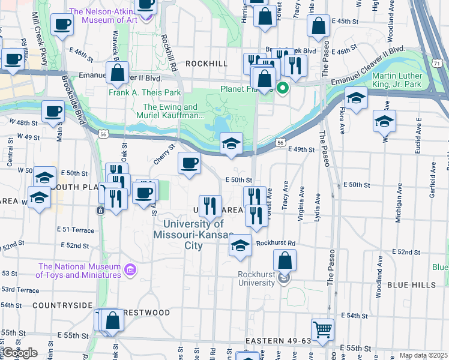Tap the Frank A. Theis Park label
pyautogui.click(x=145, y=93)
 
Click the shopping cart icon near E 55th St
pyautogui.click(x=322, y=329)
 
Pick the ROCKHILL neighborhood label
pyautogui.click(x=206, y=63)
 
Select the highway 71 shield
pyautogui.click(x=438, y=62)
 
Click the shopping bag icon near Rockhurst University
pyautogui.click(x=285, y=260)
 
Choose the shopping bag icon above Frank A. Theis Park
pyautogui.click(x=118, y=73)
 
